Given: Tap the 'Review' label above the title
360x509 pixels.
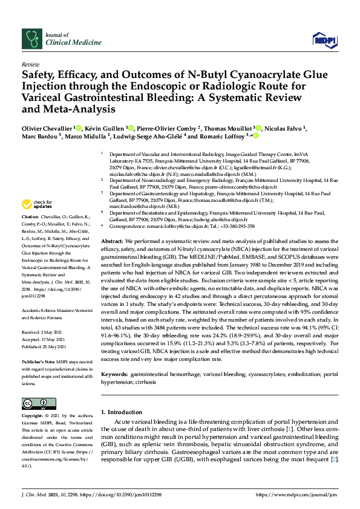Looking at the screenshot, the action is coord(30,63).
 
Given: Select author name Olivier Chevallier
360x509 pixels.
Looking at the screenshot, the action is coord(47,129).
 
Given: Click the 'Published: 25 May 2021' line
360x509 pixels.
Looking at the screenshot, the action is coord(44,345).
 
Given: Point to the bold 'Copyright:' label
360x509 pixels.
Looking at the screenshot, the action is coord(33,417).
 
